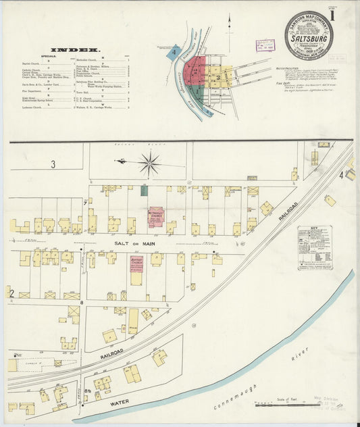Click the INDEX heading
click(76, 50)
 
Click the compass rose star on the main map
click(149, 163)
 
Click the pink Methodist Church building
click(156, 217)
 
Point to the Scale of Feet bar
click(284, 405)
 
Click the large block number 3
click(53, 164)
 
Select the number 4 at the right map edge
click(342, 175)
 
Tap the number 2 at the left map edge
click(9, 291)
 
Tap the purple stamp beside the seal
click(265, 45)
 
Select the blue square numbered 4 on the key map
click(175, 50)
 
